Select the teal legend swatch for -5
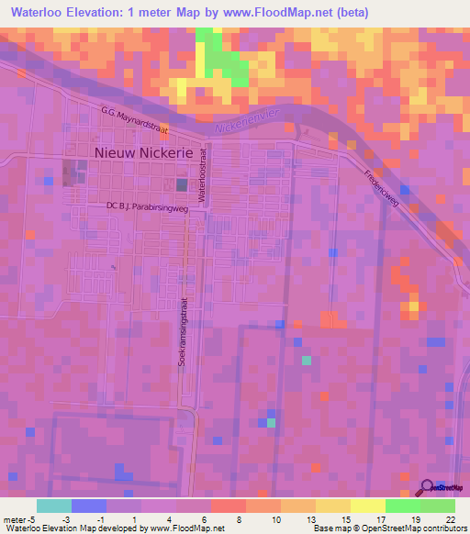54,506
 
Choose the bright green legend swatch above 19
403,506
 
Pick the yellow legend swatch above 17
368,506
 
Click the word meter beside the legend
17,518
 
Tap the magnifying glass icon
427,487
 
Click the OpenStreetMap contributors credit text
413,528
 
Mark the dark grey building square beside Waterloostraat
182,185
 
